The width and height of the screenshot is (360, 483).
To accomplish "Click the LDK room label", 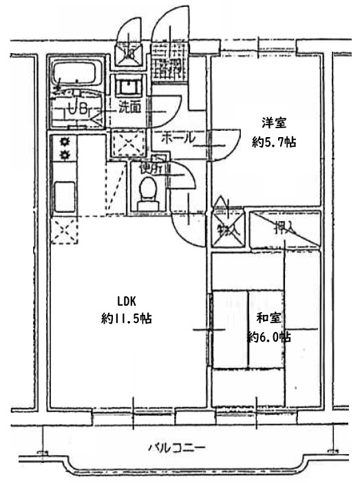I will [127, 300].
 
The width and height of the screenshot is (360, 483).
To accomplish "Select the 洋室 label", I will [273, 123].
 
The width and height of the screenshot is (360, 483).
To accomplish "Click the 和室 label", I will [268, 319].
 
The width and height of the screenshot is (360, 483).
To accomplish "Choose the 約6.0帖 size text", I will [268, 337].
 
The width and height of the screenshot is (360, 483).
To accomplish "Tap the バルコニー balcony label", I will [176, 447].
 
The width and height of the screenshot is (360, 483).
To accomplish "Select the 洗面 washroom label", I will [129, 107].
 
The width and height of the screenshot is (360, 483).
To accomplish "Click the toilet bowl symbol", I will [146, 194].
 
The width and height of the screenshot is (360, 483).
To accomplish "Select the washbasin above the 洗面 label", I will [128, 88].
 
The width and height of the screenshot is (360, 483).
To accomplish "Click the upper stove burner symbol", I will [66, 142].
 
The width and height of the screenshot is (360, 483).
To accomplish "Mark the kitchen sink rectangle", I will [66, 196].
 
